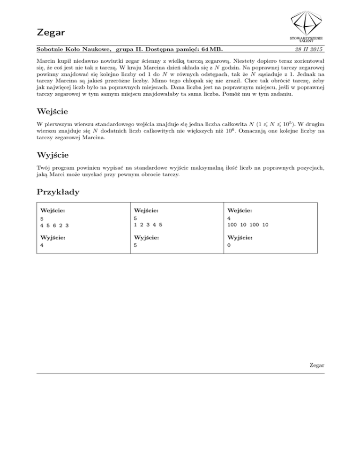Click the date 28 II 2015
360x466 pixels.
[309, 49]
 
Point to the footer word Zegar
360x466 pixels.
[317, 365]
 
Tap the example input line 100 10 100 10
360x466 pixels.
[247, 225]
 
